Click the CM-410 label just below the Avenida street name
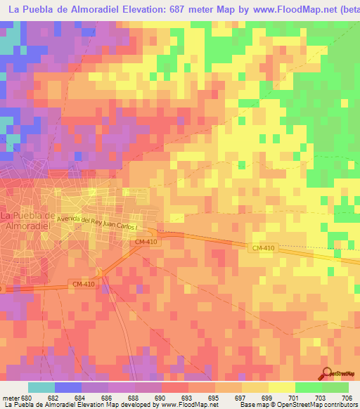point(145,242)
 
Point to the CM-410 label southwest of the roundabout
point(82,283)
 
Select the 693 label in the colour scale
point(174,398)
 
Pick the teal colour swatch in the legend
point(41,387)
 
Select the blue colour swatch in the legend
point(67,387)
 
